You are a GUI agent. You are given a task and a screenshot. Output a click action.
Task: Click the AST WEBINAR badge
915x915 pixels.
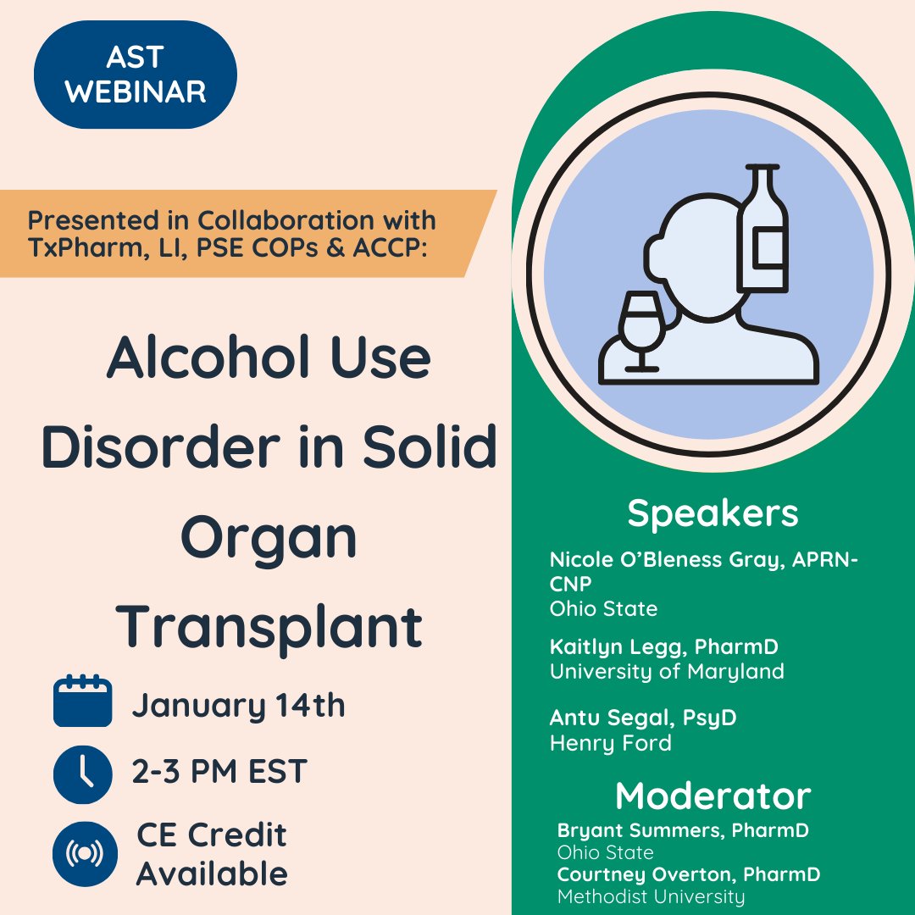136,75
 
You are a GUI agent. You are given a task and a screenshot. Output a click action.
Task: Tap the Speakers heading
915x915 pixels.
713,513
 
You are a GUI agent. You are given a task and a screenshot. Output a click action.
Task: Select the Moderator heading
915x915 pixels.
713,796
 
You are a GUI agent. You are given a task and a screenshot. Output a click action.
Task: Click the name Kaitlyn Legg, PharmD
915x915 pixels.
663,647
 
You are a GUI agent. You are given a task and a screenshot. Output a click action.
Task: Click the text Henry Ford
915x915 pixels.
610,744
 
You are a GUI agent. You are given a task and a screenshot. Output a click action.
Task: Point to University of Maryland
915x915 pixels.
667,672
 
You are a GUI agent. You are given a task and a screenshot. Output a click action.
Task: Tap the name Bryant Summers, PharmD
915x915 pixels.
683,830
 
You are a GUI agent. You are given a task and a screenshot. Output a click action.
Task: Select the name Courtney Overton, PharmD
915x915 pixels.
689,873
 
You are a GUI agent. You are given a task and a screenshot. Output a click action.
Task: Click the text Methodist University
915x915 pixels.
651,896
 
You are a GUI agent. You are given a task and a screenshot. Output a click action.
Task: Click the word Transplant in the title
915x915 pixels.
269,627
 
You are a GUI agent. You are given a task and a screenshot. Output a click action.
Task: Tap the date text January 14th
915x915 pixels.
238,706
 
